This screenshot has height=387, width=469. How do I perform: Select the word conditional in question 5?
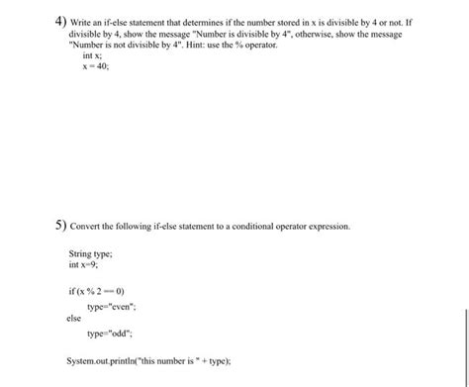(x=239, y=227)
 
